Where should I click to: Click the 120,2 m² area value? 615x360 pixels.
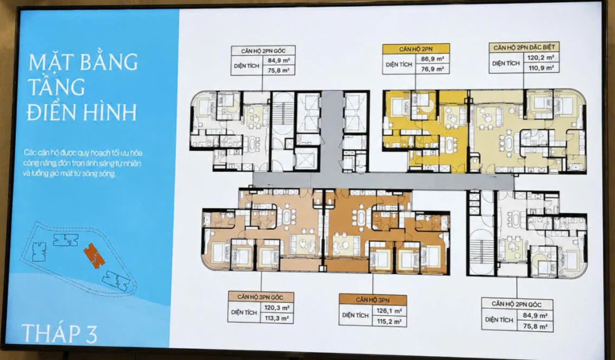click(540, 58)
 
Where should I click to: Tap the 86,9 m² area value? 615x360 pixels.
click(433, 59)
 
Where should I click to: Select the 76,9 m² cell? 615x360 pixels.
click(433, 69)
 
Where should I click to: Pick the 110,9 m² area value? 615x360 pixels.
click(541, 68)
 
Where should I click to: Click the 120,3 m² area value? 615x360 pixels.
click(277, 308)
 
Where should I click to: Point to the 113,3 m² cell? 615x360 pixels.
click(277, 318)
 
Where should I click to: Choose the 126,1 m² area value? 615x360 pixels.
click(389, 311)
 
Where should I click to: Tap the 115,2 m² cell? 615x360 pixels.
click(389, 321)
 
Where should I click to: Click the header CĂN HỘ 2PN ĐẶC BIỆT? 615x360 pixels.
click(524, 48)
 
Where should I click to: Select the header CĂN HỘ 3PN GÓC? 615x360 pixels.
click(260, 297)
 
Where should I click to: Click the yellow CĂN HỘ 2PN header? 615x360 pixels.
click(416, 49)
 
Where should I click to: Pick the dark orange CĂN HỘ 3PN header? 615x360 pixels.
click(372, 300)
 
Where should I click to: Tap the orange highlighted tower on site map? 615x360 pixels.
click(95, 255)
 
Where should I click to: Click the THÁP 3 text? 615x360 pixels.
click(60, 333)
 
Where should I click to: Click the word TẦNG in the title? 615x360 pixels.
click(57, 86)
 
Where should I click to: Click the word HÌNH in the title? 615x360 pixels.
click(110, 112)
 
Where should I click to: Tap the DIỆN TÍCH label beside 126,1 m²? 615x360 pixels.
click(355, 315)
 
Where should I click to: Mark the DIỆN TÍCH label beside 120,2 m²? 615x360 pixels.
click(506, 63)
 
